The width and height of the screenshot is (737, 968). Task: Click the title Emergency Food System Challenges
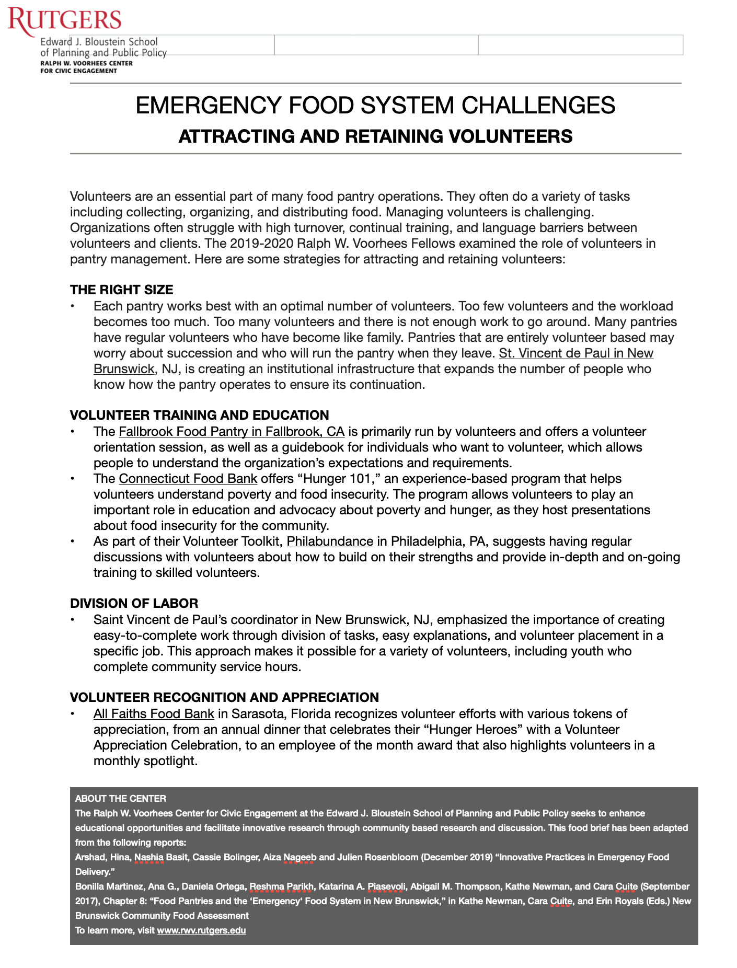pos(375,105)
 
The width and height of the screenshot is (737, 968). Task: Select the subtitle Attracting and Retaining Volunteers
pos(375,136)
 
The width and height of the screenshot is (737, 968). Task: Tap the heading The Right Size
pos(121,290)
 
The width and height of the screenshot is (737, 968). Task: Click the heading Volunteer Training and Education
pos(199,415)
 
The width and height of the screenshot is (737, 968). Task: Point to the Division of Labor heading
pos(134,603)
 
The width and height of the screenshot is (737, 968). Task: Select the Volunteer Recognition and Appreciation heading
pos(224,697)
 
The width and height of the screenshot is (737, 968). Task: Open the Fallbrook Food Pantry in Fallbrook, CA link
pos(231,432)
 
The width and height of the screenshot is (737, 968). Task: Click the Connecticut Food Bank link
pos(188,479)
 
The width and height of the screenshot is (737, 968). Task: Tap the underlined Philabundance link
pos(330,541)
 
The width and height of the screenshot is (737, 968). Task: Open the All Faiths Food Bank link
pos(154,714)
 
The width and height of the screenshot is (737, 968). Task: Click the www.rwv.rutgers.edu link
pos(201,930)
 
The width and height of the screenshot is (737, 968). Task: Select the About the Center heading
pos(120,799)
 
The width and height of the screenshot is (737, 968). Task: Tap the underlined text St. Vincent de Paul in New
pos(576,353)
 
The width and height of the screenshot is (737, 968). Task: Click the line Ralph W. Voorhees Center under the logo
pos(86,63)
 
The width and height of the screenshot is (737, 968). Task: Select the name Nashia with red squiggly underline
pos(149,857)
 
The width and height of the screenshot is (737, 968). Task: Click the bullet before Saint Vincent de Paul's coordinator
pos(74,620)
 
